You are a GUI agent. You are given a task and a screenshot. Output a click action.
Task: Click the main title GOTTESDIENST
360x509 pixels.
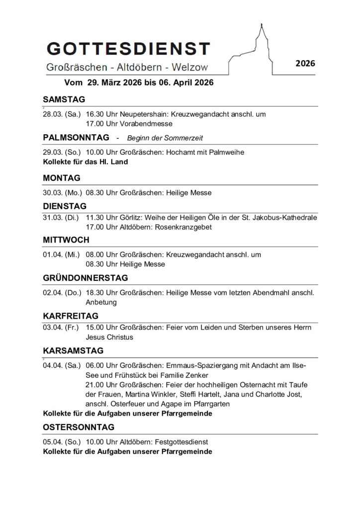(128, 49)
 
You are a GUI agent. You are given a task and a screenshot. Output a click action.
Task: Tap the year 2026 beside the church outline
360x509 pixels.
(305, 63)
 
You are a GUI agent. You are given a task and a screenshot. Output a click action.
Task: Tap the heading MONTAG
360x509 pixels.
(62, 177)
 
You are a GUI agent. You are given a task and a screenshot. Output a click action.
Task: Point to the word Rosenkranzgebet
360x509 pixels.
(184, 227)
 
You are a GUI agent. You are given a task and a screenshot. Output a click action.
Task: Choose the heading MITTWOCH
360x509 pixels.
(66, 240)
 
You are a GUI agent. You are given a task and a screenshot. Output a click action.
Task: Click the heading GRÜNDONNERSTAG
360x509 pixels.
(85, 278)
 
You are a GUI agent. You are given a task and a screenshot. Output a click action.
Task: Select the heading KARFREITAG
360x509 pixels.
(71, 316)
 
